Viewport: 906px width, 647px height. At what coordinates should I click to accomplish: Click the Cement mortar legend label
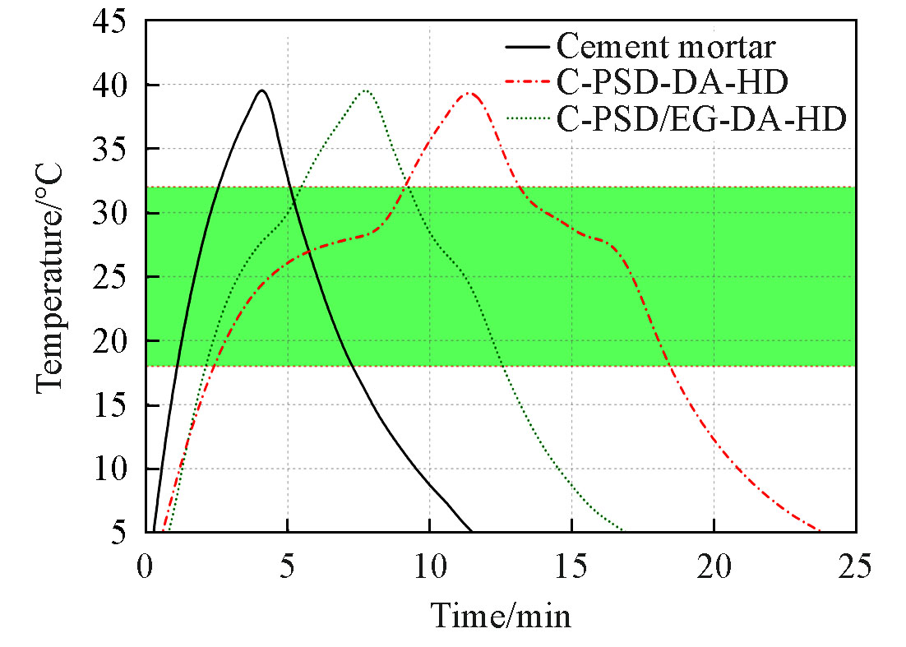pos(665,46)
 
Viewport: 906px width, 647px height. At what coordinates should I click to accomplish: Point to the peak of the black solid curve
pos(261,90)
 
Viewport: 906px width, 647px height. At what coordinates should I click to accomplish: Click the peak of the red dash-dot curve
pos(469,93)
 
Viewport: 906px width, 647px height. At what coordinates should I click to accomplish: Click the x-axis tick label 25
pos(856,566)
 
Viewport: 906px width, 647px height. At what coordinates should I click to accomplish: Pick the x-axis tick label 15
pos(571,566)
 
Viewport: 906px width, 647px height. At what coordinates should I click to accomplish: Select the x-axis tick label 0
pos(146,566)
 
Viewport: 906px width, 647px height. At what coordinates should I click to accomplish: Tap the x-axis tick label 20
pos(714,566)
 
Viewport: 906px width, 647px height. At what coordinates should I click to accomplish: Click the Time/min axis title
pos(501,615)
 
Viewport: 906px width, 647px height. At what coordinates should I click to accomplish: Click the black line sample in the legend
pos(526,46)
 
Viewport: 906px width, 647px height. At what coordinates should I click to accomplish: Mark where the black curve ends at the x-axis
pos(472,531)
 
